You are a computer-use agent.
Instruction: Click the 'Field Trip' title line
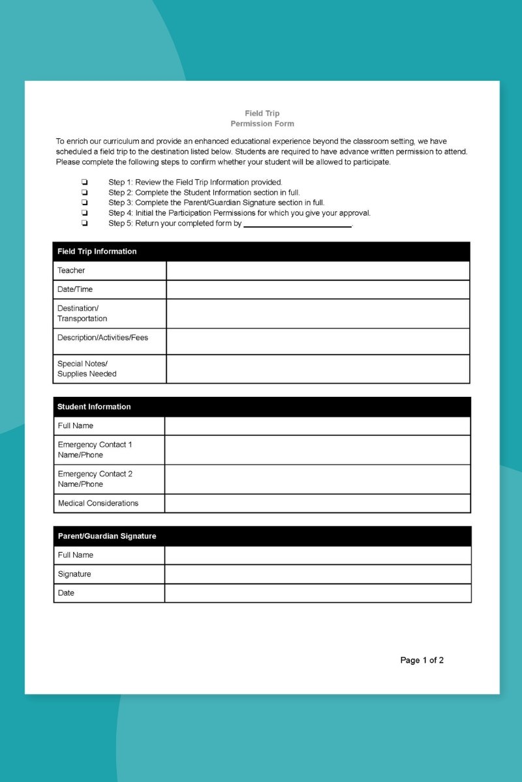[x=262, y=113]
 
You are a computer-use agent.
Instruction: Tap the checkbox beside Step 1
[x=84, y=182]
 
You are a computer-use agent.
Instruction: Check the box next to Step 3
[x=84, y=203]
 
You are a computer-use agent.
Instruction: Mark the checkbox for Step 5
[x=84, y=223]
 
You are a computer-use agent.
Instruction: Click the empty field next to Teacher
[x=318, y=270]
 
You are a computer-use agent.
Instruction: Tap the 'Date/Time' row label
[x=75, y=289]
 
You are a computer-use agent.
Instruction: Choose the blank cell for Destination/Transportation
[x=318, y=313]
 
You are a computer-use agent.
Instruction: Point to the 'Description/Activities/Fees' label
[x=102, y=338]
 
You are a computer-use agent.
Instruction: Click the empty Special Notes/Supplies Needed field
[x=318, y=369]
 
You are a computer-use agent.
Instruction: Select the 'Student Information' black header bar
[x=262, y=407]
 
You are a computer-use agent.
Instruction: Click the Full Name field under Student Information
[x=317, y=426]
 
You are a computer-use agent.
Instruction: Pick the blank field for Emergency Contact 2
[x=317, y=479]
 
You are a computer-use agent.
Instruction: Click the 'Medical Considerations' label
[x=98, y=503]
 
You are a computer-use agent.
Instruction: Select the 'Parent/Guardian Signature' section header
[x=262, y=536]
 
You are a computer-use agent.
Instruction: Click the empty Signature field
[x=317, y=574]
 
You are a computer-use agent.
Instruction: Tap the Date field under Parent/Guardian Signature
[x=317, y=593]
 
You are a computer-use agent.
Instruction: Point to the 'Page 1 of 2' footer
[x=422, y=660]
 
